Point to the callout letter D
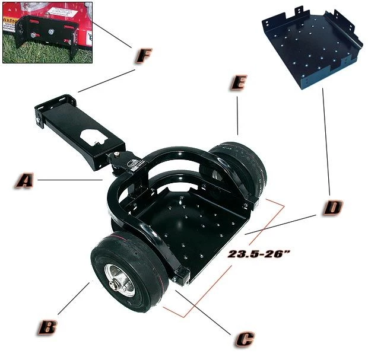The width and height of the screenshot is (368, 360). [x=333, y=208]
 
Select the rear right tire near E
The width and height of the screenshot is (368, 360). [x=243, y=169]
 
